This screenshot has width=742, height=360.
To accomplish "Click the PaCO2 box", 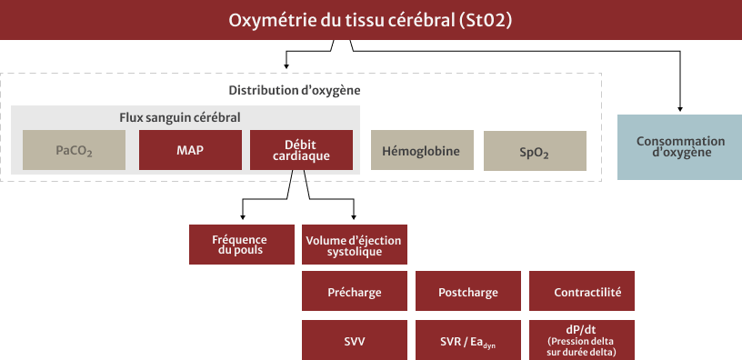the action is pyautogui.click(x=74, y=150).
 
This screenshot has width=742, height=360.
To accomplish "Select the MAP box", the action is pyautogui.click(x=190, y=150).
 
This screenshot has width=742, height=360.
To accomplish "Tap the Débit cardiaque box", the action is pyautogui.click(x=300, y=150).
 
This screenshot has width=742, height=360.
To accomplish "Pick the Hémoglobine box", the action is pyautogui.click(x=422, y=151).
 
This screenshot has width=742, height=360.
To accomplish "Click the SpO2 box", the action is pyautogui.click(x=534, y=151).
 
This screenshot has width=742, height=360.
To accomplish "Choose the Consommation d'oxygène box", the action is pyautogui.click(x=680, y=147).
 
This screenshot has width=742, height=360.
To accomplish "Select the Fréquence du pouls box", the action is pyautogui.click(x=242, y=244).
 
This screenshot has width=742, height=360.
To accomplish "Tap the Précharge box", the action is pyautogui.click(x=355, y=293).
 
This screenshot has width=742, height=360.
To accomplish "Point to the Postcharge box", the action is pyautogui.click(x=468, y=293).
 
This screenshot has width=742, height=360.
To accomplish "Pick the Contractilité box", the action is pyautogui.click(x=582, y=293).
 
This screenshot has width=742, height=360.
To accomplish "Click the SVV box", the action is pyautogui.click(x=355, y=341).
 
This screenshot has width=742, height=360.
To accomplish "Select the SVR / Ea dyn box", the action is pyautogui.click(x=468, y=341).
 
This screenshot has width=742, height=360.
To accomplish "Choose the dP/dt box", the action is pyautogui.click(x=582, y=341).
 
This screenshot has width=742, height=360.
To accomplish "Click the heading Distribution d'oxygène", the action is pyautogui.click(x=294, y=90).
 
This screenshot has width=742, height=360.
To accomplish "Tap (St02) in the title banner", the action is pyautogui.click(x=486, y=20).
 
